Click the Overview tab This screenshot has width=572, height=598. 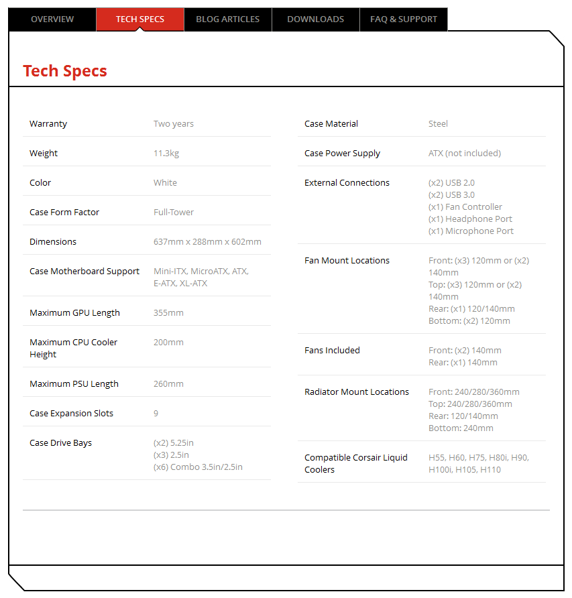pos(52,19)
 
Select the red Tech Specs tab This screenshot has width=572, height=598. pos(140,19)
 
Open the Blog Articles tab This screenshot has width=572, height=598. pos(228,19)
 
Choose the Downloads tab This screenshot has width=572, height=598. pos(316,19)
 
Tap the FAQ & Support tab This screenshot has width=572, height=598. pos(404,19)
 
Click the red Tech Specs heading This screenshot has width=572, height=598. pos(65,71)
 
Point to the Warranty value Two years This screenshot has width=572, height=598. pos(174,124)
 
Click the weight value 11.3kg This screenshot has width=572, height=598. pos(166,154)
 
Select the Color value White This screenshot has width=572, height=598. pos(166,183)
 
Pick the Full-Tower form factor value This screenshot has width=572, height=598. pos(174,213)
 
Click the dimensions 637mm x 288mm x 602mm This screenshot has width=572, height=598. pos(207,242)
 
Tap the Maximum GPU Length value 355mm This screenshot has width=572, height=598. pos(168,313)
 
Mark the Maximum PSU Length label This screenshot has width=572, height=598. pos(74,384)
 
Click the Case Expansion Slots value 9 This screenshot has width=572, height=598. pos(156,414)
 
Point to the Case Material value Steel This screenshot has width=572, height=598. pos(438,124)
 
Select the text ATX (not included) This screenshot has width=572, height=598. pos(465,154)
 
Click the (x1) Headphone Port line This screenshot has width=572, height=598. pos(471,219)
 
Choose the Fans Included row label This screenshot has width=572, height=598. pos(332,351)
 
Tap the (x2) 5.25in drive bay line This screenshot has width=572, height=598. pos(174,443)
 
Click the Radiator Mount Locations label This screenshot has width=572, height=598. pos(357,392)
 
